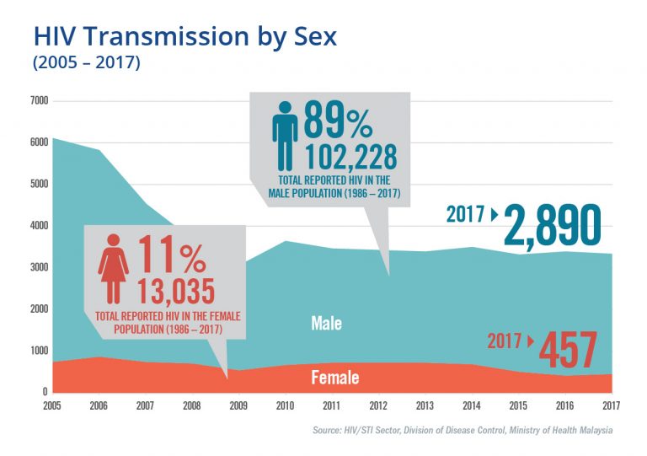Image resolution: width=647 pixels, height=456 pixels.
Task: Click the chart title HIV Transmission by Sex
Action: click(x=184, y=36)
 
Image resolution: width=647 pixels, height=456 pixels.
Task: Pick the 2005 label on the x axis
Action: click(x=52, y=405)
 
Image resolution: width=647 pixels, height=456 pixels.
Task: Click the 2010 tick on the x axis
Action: click(x=286, y=405)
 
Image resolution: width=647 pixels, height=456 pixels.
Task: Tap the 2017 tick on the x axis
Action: click(x=613, y=405)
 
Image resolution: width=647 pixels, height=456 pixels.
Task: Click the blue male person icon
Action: click(x=285, y=137)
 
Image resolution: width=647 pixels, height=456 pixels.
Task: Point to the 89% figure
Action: click(x=338, y=123)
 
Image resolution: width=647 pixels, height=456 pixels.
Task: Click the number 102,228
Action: click(x=350, y=158)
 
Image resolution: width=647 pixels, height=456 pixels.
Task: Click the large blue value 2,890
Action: click(x=553, y=224)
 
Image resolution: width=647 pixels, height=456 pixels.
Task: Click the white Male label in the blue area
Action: click(x=326, y=323)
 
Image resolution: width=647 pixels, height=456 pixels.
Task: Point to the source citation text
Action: click(x=462, y=430)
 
